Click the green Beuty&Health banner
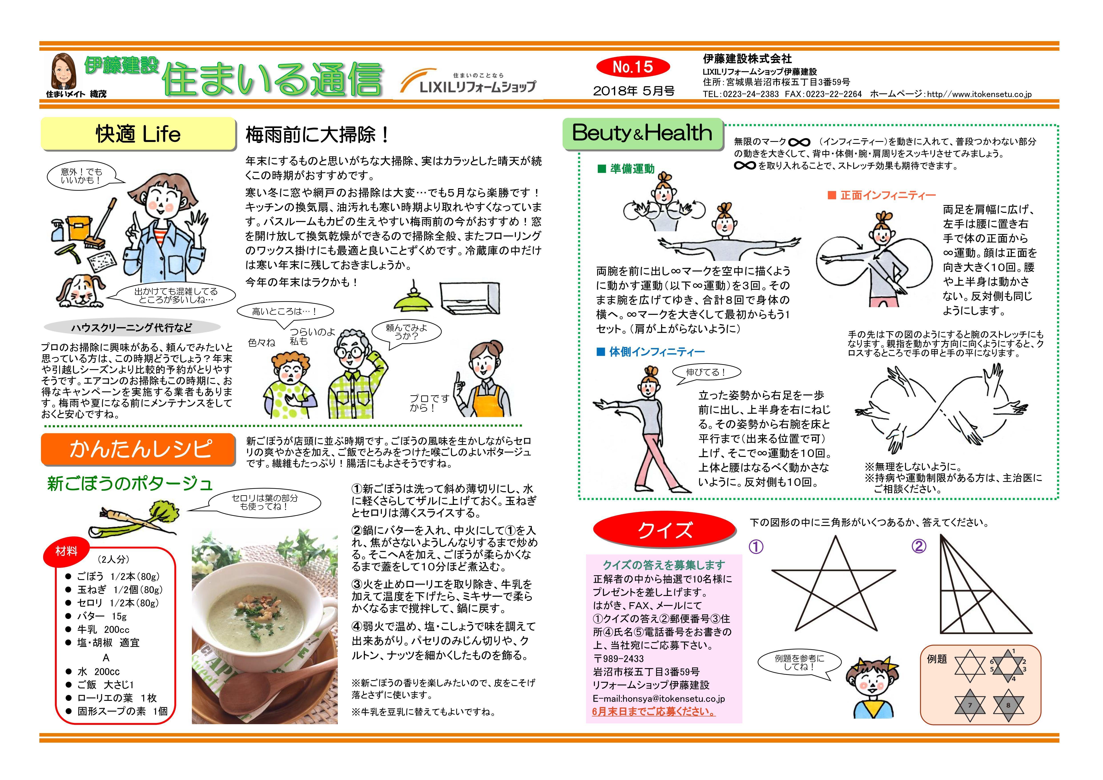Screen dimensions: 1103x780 pyautogui.click(x=643, y=134)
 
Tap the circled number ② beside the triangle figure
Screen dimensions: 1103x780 pyautogui.click(x=918, y=546)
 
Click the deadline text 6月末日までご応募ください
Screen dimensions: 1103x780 pyautogui.click(x=654, y=712)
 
